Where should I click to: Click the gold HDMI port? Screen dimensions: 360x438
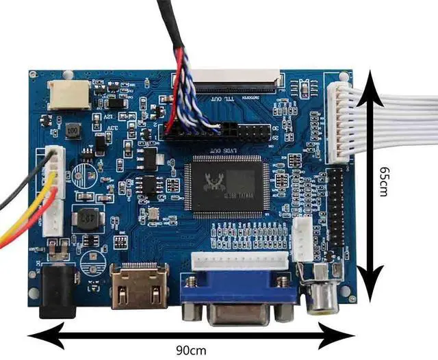point(139,285)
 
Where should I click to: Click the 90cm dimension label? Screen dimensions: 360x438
point(190,350)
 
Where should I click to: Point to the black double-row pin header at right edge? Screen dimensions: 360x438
point(337,213)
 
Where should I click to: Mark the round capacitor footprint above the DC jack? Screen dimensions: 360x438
point(90,263)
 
